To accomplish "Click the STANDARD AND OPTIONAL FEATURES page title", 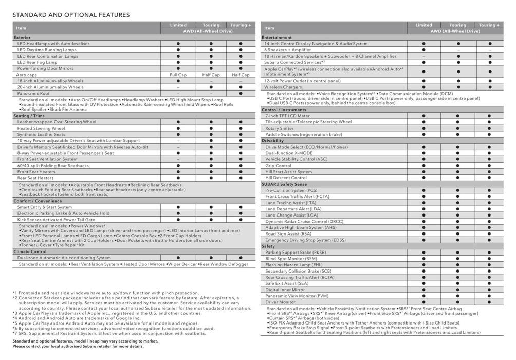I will tap(71, 15).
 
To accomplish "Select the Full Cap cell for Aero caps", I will tap(178, 75).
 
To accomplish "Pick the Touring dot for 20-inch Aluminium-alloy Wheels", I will tap(211, 87).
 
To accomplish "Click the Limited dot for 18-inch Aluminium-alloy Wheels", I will tap(178, 81).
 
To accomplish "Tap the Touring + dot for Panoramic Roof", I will tap(241, 93).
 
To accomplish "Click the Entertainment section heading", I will tap(277, 38).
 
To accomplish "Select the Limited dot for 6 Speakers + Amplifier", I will tap(423, 50).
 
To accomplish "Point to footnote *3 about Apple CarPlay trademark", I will tap(107, 313).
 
